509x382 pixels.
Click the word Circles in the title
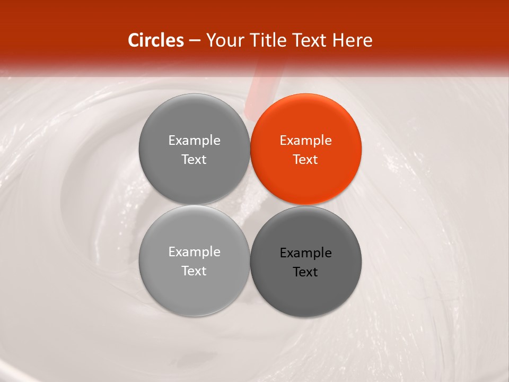point(155,40)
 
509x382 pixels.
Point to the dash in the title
point(195,41)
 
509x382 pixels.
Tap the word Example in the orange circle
point(305,141)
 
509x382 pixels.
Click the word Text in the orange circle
point(305,160)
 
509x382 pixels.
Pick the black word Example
point(305,253)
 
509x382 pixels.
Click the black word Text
point(305,272)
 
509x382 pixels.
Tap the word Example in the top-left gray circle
point(194,141)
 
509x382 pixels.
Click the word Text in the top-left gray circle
point(194,160)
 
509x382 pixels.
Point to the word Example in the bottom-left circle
point(194,252)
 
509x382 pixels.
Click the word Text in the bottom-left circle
point(194,271)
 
